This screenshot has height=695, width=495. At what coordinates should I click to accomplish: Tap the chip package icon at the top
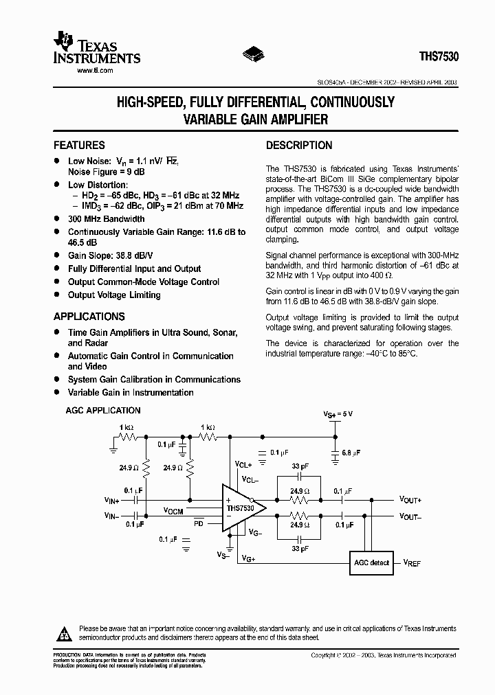[x=252, y=54]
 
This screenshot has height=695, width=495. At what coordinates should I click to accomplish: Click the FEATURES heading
[x=79, y=146]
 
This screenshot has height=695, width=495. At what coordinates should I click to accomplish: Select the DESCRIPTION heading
[x=298, y=146]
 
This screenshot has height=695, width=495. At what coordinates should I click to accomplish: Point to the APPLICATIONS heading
[x=89, y=317]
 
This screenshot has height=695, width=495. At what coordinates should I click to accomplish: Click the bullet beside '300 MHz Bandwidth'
[x=57, y=219]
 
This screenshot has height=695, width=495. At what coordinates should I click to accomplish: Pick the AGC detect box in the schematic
[x=371, y=563]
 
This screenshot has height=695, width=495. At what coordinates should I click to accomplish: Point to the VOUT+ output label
[x=410, y=500]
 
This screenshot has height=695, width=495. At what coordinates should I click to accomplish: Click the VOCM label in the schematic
[x=173, y=511]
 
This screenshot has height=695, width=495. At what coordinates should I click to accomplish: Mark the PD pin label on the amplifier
[x=198, y=524]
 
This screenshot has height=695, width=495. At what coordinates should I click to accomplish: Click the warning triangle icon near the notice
[x=63, y=633]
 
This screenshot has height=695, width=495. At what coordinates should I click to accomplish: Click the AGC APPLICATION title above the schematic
[x=103, y=411]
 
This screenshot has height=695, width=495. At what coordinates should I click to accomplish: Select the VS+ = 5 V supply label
[x=338, y=414]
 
